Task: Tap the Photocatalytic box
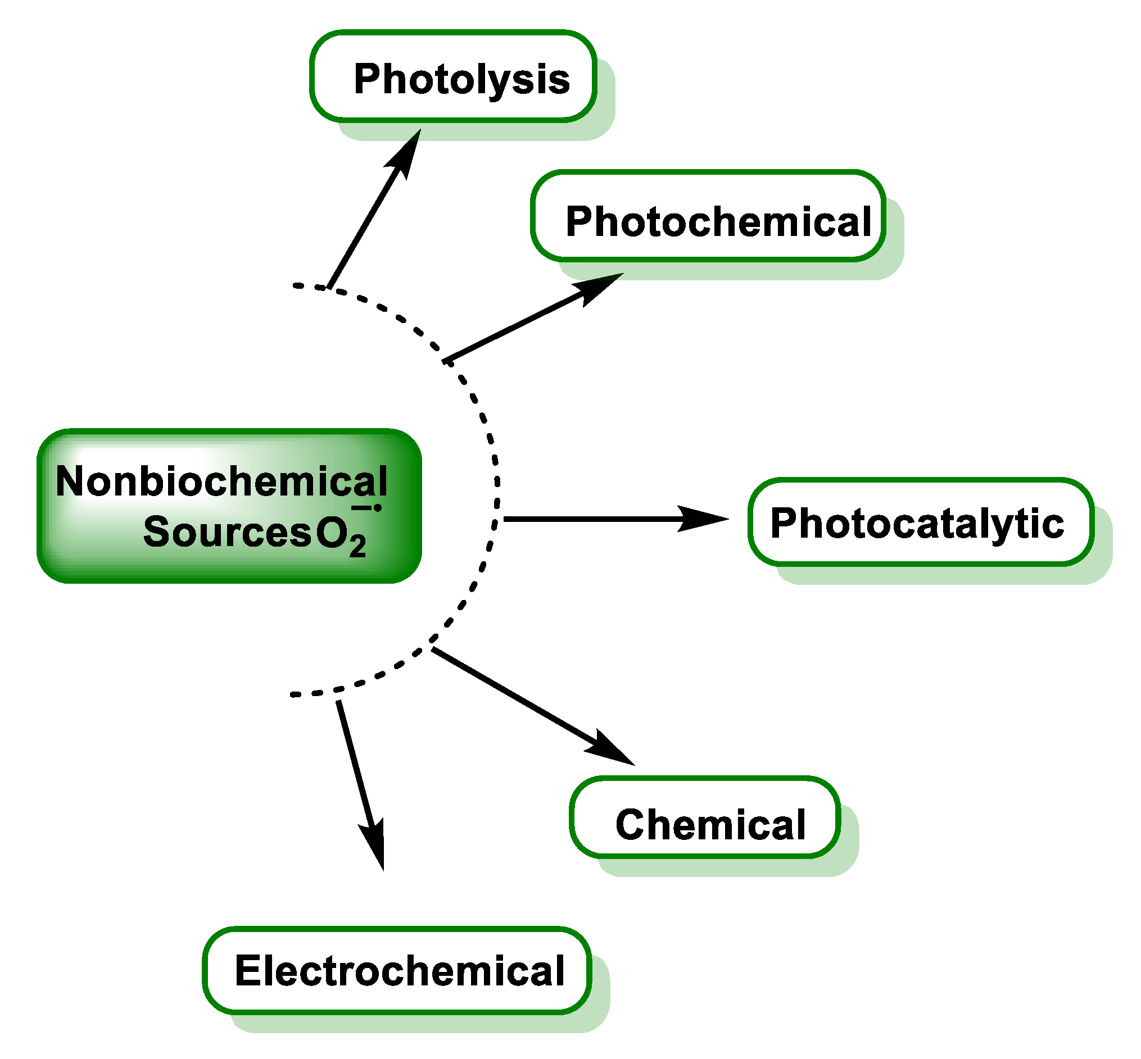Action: tap(920, 521)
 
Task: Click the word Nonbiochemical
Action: tap(221, 481)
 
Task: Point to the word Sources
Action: tap(227, 532)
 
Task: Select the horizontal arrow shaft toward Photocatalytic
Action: tap(591, 519)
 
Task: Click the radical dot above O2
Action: tap(378, 508)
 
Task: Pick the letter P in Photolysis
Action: tap(367, 78)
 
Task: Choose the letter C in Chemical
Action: tap(629, 825)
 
